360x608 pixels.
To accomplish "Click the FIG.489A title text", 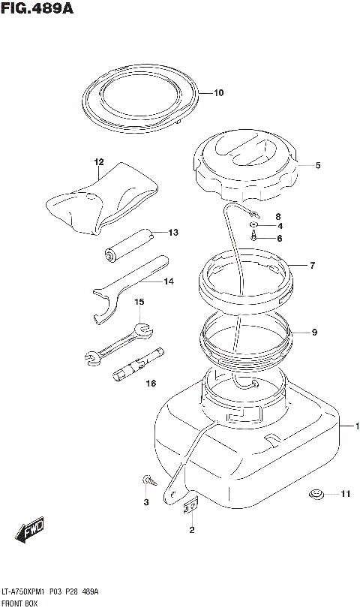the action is (x=37, y=8).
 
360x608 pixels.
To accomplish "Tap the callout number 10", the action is (x=218, y=93).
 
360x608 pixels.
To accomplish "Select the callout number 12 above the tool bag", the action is (x=99, y=162).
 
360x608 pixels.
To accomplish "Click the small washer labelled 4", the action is (x=253, y=225).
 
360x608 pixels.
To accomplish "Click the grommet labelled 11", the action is (x=316, y=494).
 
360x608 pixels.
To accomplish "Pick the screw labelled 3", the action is (x=149, y=480).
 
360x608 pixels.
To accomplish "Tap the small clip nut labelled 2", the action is (x=190, y=506).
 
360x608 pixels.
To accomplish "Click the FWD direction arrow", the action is (x=30, y=529).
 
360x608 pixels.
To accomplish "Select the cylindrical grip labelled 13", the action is (x=129, y=245).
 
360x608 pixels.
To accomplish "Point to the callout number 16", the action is (x=151, y=384).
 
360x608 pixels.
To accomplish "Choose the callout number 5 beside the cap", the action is (x=318, y=166).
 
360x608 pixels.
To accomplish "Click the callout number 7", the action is (x=312, y=266).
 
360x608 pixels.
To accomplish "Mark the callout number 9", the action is (x=314, y=333).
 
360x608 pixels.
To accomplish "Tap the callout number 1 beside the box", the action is (x=357, y=426).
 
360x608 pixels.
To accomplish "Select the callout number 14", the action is (x=169, y=281).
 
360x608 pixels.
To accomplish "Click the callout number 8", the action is (x=278, y=217).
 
